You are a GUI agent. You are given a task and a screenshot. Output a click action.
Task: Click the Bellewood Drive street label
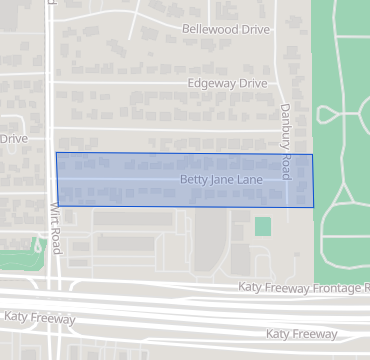226,30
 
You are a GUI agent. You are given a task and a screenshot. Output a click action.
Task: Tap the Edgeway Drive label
229,85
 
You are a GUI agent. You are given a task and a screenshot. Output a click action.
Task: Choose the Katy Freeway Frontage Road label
303,288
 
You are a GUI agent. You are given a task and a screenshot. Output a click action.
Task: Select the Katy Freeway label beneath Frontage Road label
303,334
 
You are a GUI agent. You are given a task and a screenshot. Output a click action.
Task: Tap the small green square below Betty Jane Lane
262,227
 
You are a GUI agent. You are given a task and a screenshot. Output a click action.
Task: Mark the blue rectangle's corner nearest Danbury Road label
312,155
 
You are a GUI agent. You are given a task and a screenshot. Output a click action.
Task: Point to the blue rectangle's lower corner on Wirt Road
58,206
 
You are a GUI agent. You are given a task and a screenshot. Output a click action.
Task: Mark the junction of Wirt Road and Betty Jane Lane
57,180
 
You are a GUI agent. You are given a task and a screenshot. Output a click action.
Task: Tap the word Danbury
285,124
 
